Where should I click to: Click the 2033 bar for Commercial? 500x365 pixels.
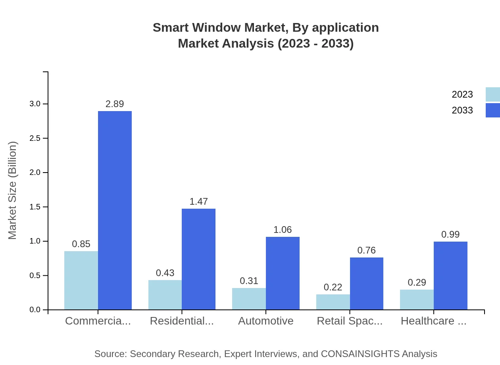pos(115,210)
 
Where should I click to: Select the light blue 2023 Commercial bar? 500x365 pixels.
pos(81,280)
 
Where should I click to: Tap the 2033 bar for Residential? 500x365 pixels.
pos(198,259)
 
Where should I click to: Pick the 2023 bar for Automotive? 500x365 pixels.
pos(249,299)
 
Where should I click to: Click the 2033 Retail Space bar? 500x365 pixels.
pos(366,283)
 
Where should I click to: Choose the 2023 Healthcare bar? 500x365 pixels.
pos(417,300)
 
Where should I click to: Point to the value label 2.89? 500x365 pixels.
pos(115,104)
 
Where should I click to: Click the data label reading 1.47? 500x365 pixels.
pos(198,202)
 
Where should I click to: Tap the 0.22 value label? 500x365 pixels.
pos(333,287)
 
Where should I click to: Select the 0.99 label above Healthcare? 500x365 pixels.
pos(450,234)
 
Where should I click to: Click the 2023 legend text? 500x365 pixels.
pos(462,94)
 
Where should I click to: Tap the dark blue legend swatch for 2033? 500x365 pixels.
pos(492,110)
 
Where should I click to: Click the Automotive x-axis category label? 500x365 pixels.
pos(265,321)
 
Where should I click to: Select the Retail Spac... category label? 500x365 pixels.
pos(350,321)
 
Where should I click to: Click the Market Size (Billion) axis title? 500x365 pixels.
pos(13,190)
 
